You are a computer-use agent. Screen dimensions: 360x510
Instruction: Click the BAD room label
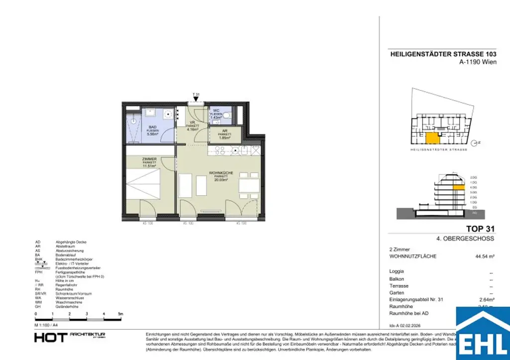152,127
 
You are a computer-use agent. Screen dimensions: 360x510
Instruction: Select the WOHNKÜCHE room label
221,172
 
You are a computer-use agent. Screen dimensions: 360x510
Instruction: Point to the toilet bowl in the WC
227,115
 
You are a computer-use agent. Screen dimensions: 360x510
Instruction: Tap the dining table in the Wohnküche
249,186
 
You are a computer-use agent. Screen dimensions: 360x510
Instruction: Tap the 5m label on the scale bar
121,314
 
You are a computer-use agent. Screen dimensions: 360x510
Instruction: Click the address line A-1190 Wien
478,62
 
